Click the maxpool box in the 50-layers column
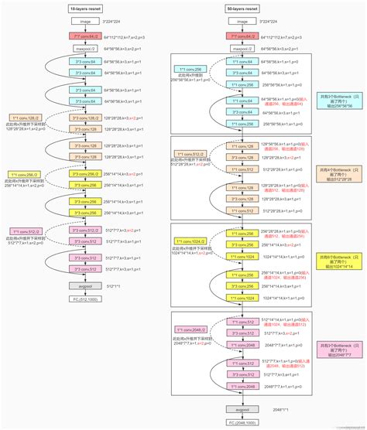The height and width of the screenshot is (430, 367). (x=242, y=47)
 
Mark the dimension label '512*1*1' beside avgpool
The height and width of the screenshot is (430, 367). (x=113, y=285)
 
